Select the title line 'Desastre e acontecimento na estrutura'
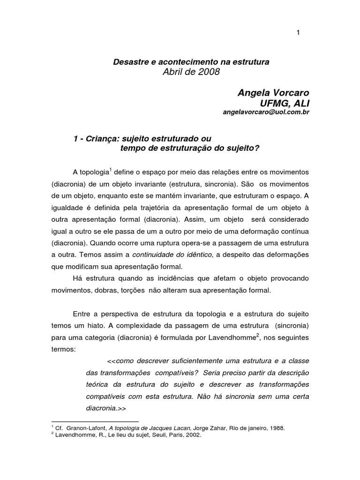[191, 62]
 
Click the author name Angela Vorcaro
[274, 94]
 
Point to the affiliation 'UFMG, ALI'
[286, 104]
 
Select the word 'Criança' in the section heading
[96, 139]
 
